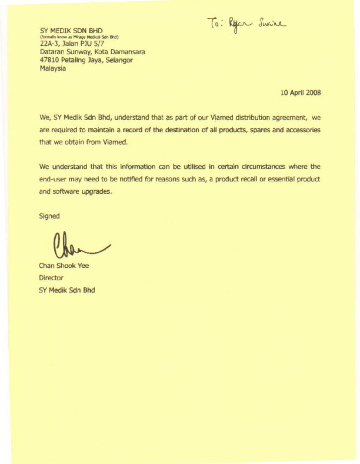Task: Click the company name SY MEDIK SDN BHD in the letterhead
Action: click(x=71, y=30)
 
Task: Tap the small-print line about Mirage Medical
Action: click(x=79, y=37)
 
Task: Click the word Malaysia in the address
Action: click(x=53, y=68)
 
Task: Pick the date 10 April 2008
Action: click(x=300, y=92)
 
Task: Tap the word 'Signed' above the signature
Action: click(x=49, y=216)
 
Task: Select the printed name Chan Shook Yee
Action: click(x=64, y=266)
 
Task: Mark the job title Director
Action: click(x=52, y=277)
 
